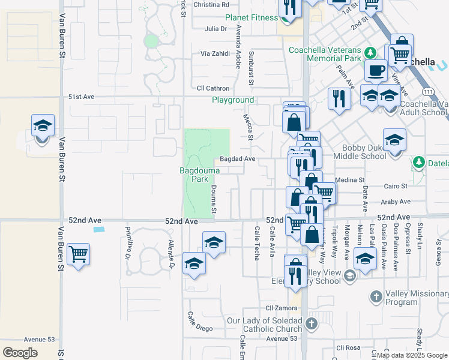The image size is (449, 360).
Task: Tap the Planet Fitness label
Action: [x=252, y=17]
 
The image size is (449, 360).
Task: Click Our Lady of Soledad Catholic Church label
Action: [x=265, y=325]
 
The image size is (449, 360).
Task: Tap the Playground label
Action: [x=232, y=100]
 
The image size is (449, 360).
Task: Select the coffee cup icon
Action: [x=376, y=70]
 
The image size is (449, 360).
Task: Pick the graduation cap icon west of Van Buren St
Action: [x=43, y=125]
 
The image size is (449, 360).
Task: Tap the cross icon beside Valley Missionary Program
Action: [x=376, y=296]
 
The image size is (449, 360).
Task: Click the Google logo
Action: [x=20, y=352]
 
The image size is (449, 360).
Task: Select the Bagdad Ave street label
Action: [x=238, y=159]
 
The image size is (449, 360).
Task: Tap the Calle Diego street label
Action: [x=200, y=322]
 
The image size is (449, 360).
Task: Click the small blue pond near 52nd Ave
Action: [x=99, y=229]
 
